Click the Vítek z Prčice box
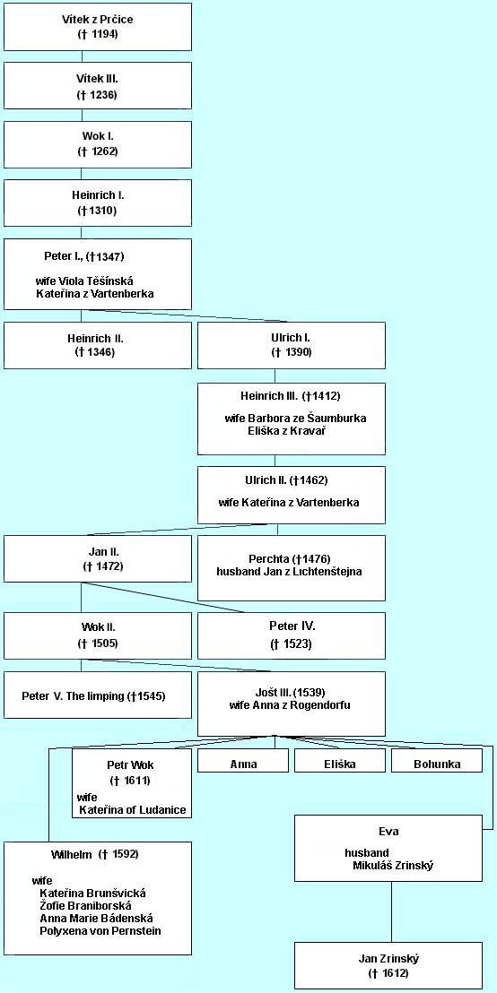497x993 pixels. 98,27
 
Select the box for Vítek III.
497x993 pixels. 98,85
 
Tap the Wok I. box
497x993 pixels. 98,144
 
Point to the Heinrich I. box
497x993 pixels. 98,203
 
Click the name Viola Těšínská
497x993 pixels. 98,281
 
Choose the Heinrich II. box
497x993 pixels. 98,345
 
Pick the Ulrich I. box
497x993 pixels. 291,345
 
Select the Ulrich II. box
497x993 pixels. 291,496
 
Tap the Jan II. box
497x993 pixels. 98,558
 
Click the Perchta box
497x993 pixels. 291,568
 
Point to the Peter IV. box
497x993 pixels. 291,635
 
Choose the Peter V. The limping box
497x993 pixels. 98,695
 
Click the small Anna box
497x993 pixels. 243,761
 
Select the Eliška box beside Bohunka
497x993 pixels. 340,761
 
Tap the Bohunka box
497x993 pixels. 437,761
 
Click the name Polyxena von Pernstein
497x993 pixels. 100,931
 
